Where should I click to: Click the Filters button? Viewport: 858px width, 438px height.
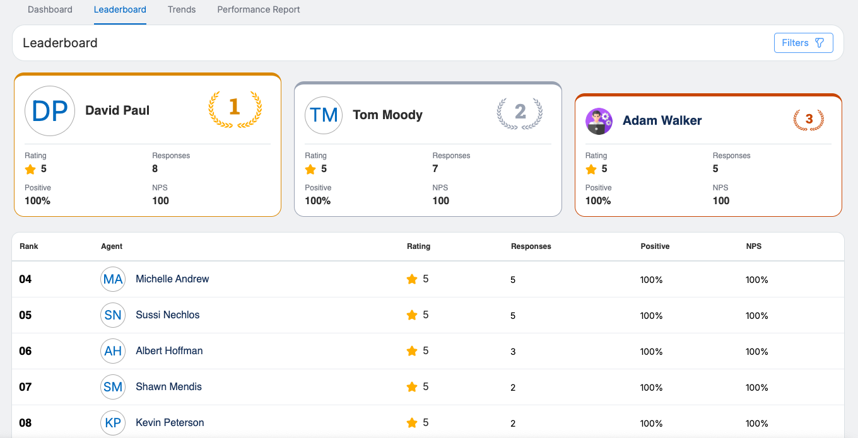click(803, 43)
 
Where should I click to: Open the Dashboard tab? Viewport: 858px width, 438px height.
click(50, 9)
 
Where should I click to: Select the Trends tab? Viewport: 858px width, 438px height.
click(182, 9)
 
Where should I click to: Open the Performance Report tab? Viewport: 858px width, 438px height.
click(259, 9)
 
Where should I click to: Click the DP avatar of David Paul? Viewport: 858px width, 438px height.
click(50, 111)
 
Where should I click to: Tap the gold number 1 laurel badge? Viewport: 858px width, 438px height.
click(235, 108)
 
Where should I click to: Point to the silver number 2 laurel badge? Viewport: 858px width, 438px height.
click(520, 113)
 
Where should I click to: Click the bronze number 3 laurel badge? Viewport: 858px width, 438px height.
click(808, 119)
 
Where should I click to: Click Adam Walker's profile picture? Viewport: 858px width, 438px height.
click(599, 121)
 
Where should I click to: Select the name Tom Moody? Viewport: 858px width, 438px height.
click(387, 115)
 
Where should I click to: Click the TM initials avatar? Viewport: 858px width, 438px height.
click(324, 115)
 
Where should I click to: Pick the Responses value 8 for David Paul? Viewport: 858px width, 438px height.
click(155, 169)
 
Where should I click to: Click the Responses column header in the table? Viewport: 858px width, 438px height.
click(531, 246)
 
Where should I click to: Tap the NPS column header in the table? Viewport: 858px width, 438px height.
click(753, 246)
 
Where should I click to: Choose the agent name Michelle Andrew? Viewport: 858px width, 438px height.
click(172, 279)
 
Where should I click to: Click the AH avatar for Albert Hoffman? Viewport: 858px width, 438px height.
click(113, 351)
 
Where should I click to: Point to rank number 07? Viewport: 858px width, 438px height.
click(25, 387)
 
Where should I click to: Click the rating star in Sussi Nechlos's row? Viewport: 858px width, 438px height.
click(412, 315)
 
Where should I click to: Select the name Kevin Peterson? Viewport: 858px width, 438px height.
click(170, 423)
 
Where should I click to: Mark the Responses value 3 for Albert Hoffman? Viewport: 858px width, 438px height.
click(513, 352)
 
